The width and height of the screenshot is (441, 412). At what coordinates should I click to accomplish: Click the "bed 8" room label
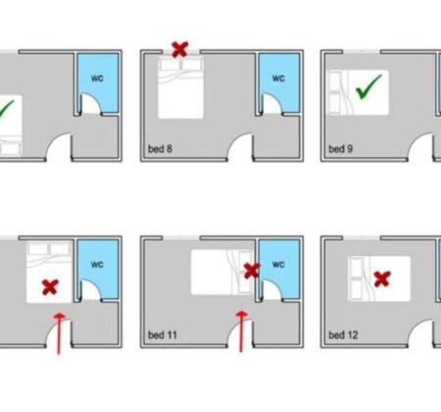pyautogui.click(x=160, y=149)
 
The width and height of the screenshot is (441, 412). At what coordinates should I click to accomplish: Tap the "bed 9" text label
pyautogui.click(x=340, y=149)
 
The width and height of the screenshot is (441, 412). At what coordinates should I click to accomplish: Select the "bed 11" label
pyautogui.click(x=163, y=335)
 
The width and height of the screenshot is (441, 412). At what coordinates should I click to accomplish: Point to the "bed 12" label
pyautogui.click(x=343, y=335)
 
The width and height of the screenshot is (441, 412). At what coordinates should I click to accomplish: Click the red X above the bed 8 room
pyautogui.click(x=180, y=49)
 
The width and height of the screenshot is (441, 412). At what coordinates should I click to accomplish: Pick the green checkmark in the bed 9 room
pyautogui.click(x=368, y=86)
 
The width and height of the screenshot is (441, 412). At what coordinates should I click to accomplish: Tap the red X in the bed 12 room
pyautogui.click(x=382, y=280)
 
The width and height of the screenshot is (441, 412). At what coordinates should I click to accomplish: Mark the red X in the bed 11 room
pyautogui.click(x=252, y=271)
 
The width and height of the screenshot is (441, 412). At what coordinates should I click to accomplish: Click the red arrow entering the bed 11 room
pyautogui.click(x=241, y=332)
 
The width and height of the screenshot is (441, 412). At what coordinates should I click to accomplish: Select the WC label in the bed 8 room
pyautogui.click(x=278, y=78)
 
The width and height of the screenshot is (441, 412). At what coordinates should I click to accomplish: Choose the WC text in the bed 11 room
pyautogui.click(x=278, y=264)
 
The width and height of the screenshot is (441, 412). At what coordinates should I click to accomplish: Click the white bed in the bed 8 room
pyautogui.click(x=180, y=87)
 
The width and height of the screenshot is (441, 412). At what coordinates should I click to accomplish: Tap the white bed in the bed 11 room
pyautogui.click(x=222, y=272)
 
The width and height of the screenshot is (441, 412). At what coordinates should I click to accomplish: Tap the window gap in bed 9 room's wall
pyautogui.click(x=362, y=52)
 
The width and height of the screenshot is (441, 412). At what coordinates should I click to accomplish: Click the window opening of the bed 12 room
pyautogui.click(x=362, y=237)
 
